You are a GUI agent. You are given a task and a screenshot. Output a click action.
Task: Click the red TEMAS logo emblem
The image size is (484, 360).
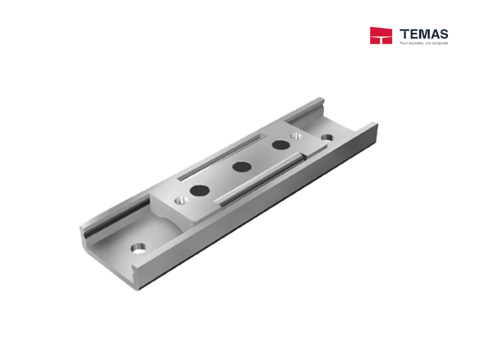[381, 35]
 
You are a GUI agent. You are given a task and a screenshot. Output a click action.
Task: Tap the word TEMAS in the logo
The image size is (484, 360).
[424, 34]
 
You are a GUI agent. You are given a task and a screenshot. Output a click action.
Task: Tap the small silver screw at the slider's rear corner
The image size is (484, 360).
[295, 135]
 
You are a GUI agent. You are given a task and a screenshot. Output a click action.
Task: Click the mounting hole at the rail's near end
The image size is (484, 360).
[139, 249]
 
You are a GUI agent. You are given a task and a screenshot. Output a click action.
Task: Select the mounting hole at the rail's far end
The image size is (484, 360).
[326, 138]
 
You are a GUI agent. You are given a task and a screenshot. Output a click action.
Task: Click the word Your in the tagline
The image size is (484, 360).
[404, 42]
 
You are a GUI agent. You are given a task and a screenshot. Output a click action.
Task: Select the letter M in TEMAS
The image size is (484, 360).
[423, 34]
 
